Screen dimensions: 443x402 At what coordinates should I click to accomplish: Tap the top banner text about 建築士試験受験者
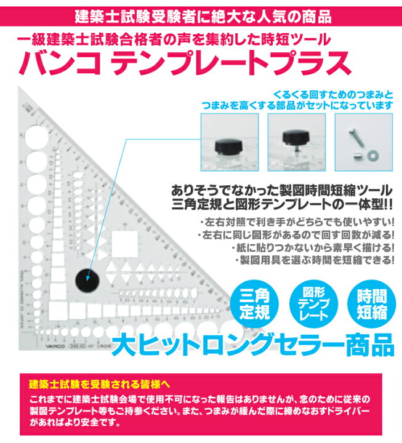pyautogui.click(x=201, y=14)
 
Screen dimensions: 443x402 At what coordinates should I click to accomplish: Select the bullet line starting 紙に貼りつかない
pyautogui.click(x=313, y=247)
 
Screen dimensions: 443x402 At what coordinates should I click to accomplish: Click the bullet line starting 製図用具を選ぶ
pyautogui.click(x=314, y=260)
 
